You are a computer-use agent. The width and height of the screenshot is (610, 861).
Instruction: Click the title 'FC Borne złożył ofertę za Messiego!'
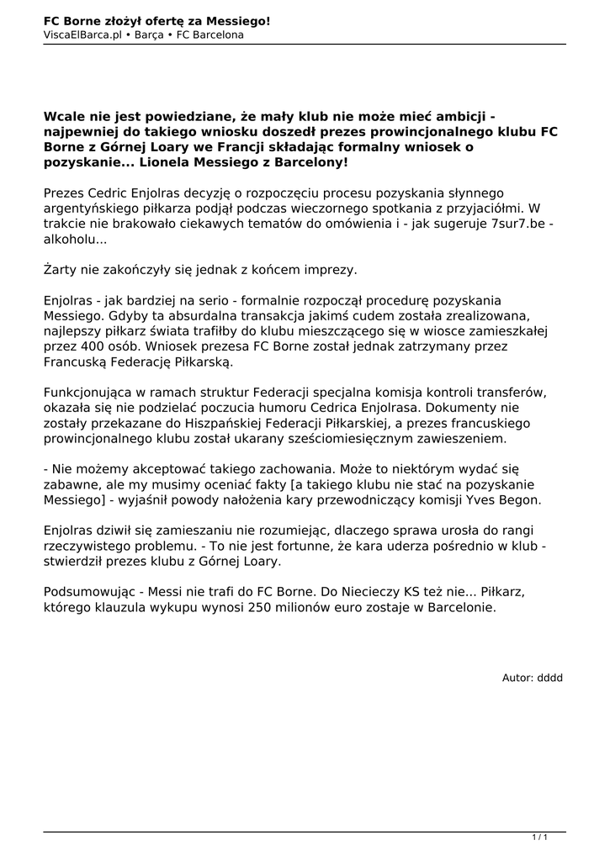156,20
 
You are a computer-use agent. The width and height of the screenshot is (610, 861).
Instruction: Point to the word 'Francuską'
77,362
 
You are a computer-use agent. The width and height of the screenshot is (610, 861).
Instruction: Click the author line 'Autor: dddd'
532,678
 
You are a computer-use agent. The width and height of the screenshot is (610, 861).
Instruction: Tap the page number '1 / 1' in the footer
539,837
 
